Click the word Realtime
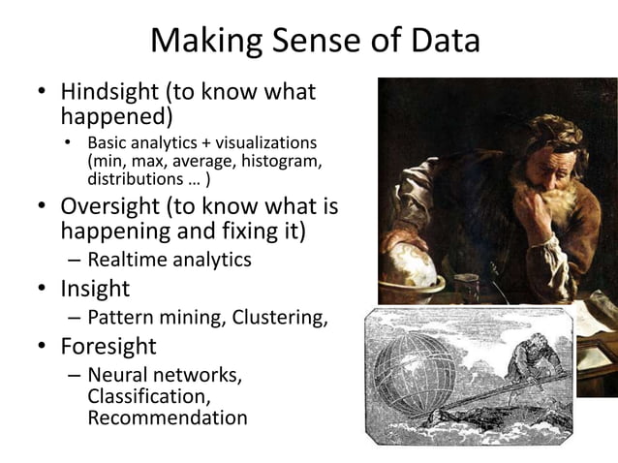tap(126, 260)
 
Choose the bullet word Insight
tap(95, 289)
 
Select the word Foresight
tap(108, 347)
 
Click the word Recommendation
tap(167, 418)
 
